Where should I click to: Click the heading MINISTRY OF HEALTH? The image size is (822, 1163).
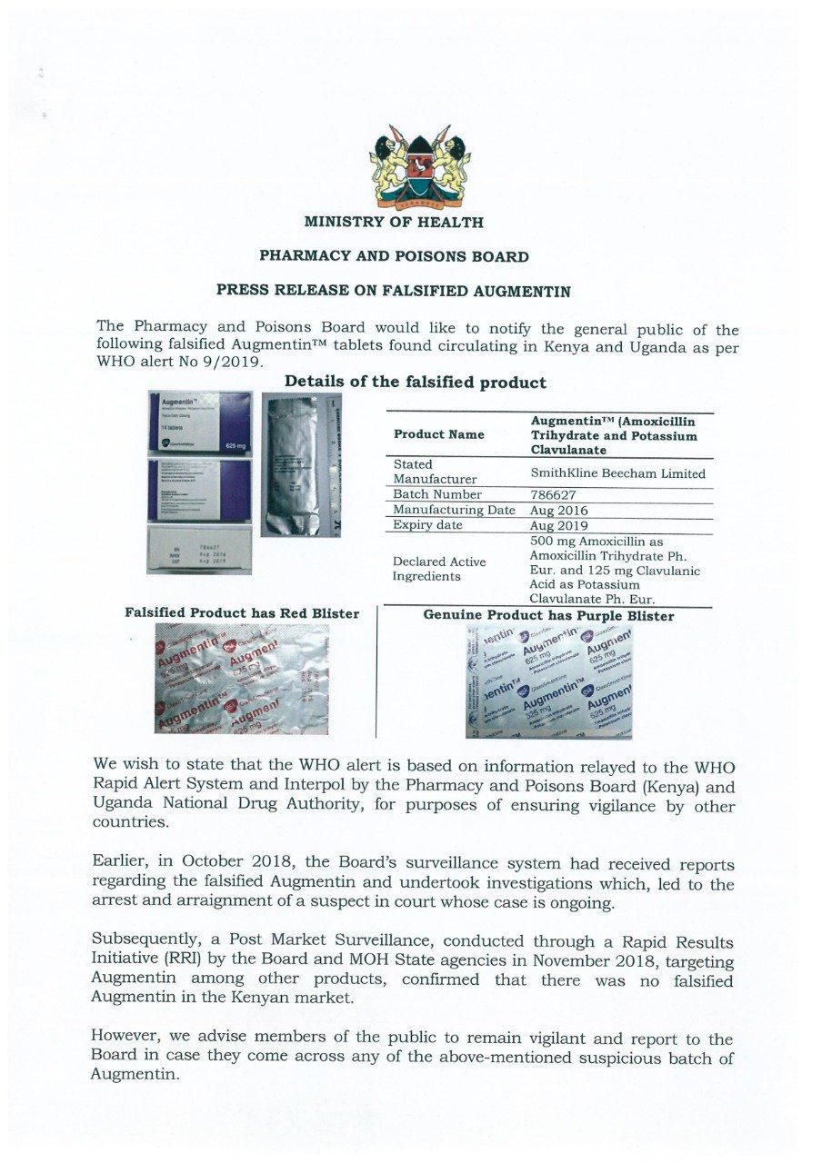[x=394, y=222]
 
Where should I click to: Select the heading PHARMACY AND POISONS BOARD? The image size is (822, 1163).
[x=394, y=256]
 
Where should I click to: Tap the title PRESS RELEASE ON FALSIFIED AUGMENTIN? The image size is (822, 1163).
[x=393, y=292]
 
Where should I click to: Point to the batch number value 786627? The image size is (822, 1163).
[x=550, y=495]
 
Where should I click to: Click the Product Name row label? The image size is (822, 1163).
[x=439, y=435]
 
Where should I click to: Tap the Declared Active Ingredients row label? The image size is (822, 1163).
[x=439, y=569]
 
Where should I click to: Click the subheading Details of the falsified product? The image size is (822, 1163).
[x=416, y=383]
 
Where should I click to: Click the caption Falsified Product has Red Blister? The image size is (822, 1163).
[x=242, y=614]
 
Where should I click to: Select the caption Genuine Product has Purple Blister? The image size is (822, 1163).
[x=548, y=616]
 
